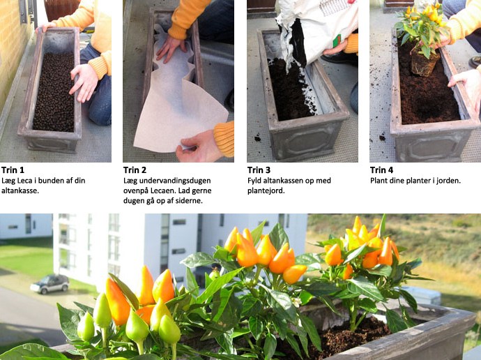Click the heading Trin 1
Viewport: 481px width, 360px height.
coord(13,170)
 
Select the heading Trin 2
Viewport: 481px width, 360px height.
coord(135,170)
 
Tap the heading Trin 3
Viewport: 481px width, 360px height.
coord(259,170)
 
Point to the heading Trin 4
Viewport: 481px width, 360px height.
coord(381,170)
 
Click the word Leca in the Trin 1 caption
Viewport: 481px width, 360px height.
coord(25,181)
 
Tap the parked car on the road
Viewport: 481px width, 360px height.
coord(49,283)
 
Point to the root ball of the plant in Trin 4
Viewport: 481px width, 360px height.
coord(425,63)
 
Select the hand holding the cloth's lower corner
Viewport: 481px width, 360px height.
coord(197,147)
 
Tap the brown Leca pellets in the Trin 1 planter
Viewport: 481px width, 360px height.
coord(54,92)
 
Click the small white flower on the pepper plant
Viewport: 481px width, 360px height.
coord(297,302)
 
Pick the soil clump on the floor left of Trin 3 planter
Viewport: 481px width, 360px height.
coord(257,138)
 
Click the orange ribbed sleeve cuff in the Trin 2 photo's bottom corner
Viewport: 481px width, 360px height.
coord(224,139)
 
